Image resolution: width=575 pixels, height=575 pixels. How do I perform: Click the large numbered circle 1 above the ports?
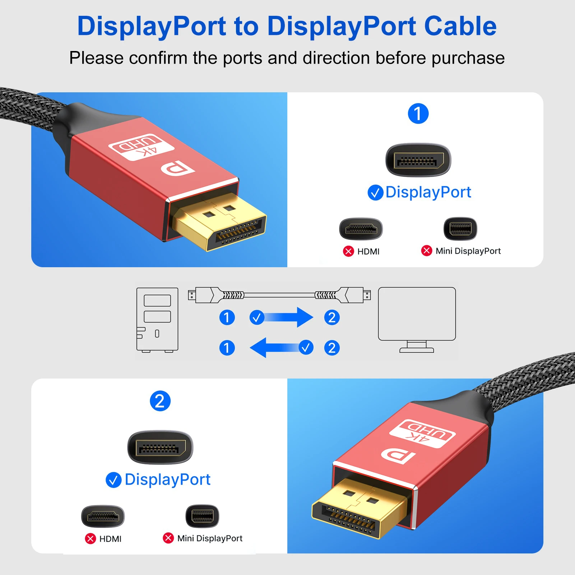[x=418, y=113]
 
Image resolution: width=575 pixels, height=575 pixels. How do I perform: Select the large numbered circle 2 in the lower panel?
[x=160, y=401]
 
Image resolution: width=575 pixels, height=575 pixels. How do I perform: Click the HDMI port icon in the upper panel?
[x=361, y=229]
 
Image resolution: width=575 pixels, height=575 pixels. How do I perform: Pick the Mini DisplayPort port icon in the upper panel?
[x=460, y=228]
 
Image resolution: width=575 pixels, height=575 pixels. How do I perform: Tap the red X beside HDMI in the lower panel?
[x=91, y=538]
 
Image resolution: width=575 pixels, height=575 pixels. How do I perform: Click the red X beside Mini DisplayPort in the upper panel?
[x=427, y=250]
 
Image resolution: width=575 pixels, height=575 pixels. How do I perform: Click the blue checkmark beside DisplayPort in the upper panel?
[x=375, y=193]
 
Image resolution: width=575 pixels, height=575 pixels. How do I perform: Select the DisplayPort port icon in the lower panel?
[x=160, y=448]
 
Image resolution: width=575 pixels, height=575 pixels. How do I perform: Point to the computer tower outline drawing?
[x=157, y=319]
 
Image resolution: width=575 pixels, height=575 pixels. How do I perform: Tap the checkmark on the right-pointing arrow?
[x=257, y=317]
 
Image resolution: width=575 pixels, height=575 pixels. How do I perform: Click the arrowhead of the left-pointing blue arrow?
[x=259, y=348]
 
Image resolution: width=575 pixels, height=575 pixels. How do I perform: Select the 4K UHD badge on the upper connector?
[x=141, y=147]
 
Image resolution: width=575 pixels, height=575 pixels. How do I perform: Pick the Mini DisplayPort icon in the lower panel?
[x=202, y=516]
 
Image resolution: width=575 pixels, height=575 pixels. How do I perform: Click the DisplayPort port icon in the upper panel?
[x=418, y=160]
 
